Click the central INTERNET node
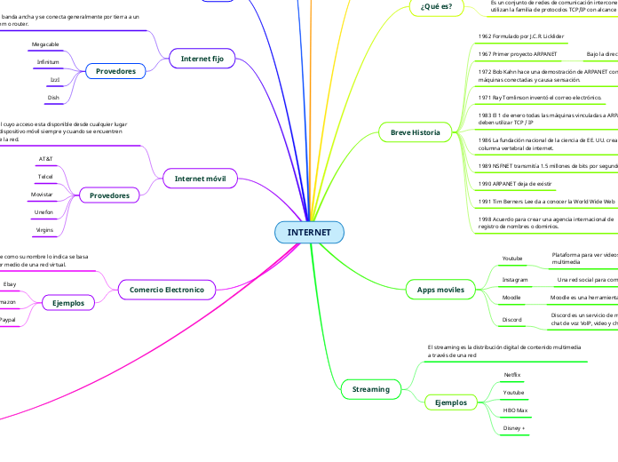(x=309, y=233)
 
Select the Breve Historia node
(x=415, y=132)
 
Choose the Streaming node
(x=370, y=388)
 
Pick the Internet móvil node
(x=202, y=179)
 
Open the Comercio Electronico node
(x=167, y=290)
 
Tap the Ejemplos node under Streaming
(x=450, y=402)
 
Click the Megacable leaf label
(x=45, y=44)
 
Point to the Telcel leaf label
(x=45, y=177)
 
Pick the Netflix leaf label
(x=512, y=375)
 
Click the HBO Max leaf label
(x=515, y=410)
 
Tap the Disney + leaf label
(x=514, y=428)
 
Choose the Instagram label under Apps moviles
(x=515, y=279)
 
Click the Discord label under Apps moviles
(x=511, y=319)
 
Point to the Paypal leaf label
(x=7, y=320)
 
